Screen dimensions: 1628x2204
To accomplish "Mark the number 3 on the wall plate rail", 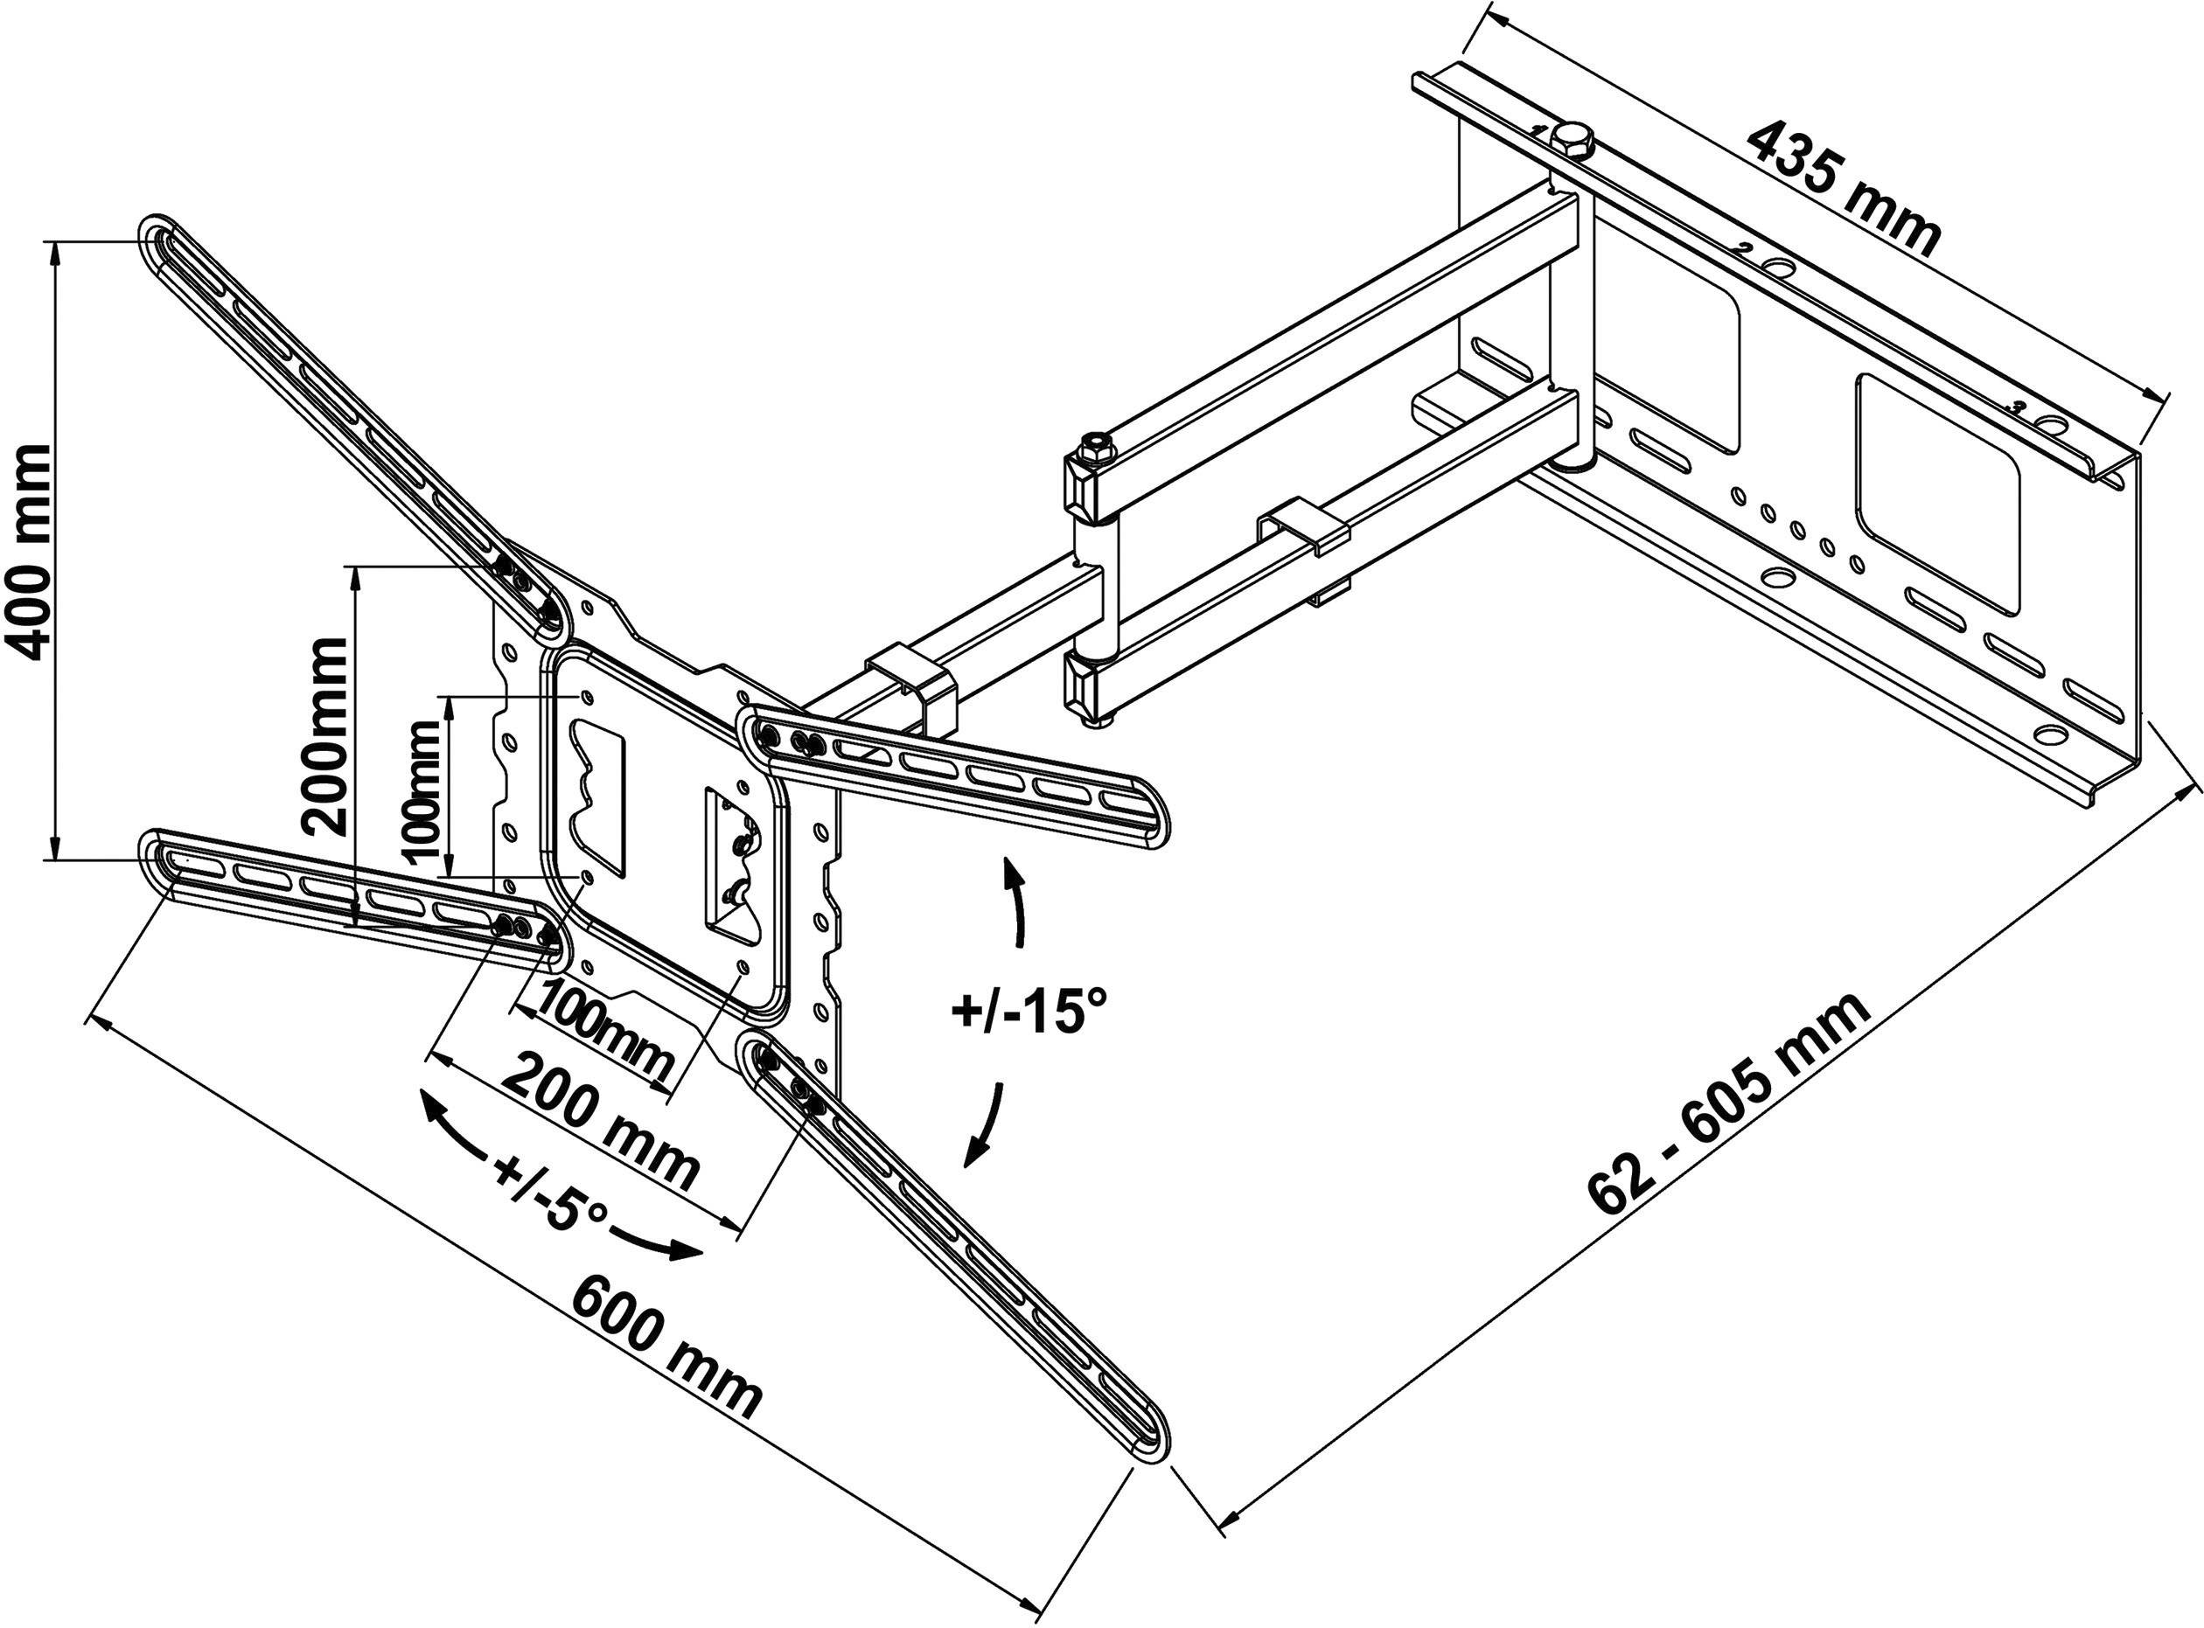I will [2018, 406].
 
